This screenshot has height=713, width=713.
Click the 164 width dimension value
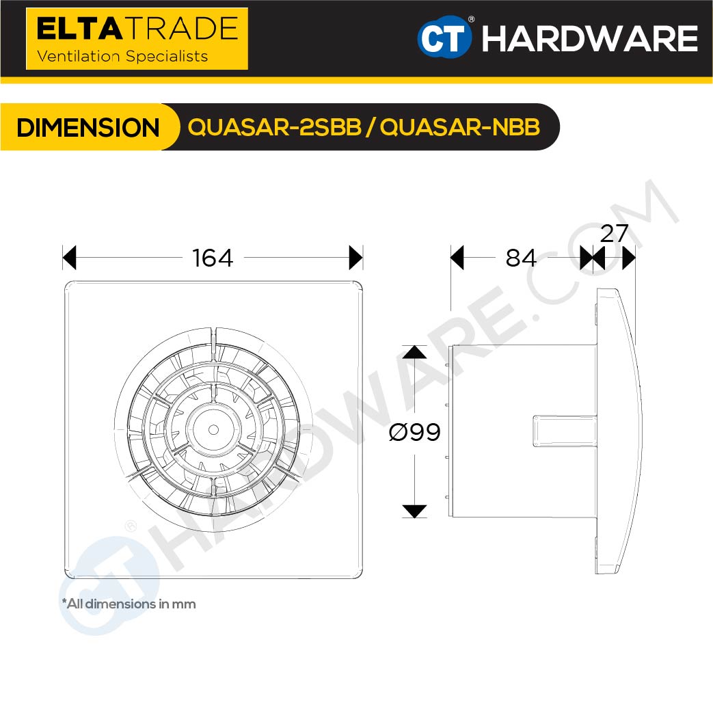click(213, 258)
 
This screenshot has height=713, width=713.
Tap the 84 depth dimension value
click(521, 258)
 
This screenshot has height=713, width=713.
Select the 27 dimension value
click(614, 234)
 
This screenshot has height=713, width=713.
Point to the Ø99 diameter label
click(414, 431)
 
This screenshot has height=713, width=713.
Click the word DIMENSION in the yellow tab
click(88, 128)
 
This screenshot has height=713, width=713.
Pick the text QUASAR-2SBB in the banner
click(274, 128)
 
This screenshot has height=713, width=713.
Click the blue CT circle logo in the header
click(444, 38)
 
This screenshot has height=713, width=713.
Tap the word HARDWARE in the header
click(589, 39)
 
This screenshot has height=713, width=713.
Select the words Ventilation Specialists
click(122, 56)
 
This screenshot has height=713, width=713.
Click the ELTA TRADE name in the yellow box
click(137, 29)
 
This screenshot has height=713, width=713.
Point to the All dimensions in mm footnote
click(129, 604)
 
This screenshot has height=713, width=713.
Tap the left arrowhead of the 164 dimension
click(69, 258)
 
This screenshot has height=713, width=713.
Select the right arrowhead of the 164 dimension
click(355, 258)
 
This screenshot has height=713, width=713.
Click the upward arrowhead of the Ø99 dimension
click(414, 352)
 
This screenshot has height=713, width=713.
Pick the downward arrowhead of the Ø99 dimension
click(414, 511)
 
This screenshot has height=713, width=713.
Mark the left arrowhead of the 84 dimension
click(457, 258)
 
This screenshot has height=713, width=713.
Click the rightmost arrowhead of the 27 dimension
click(629, 258)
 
